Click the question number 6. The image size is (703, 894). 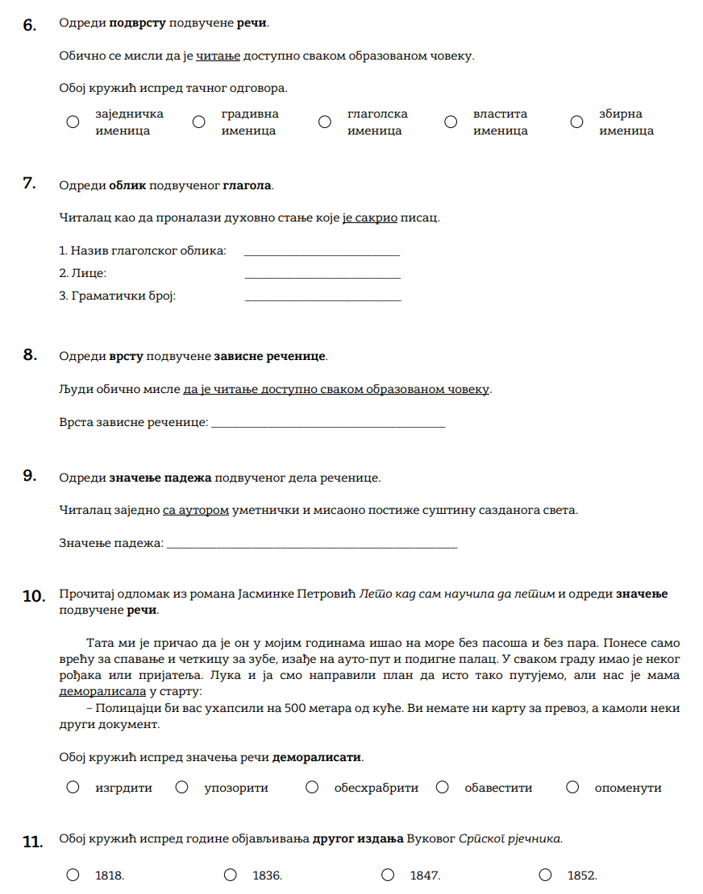(x=29, y=25)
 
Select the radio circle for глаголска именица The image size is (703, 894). (x=325, y=122)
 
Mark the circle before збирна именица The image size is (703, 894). (x=576, y=122)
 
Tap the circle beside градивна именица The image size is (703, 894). (x=199, y=122)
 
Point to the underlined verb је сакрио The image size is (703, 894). (x=370, y=217)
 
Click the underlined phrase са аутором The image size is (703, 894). (x=196, y=510)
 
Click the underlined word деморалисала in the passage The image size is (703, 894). (x=102, y=691)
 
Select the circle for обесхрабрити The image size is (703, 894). (x=312, y=787)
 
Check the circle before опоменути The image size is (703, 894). (x=572, y=787)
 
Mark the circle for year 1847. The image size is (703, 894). (x=388, y=875)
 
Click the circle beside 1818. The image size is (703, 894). (x=73, y=875)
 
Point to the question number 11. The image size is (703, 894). (x=32, y=842)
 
